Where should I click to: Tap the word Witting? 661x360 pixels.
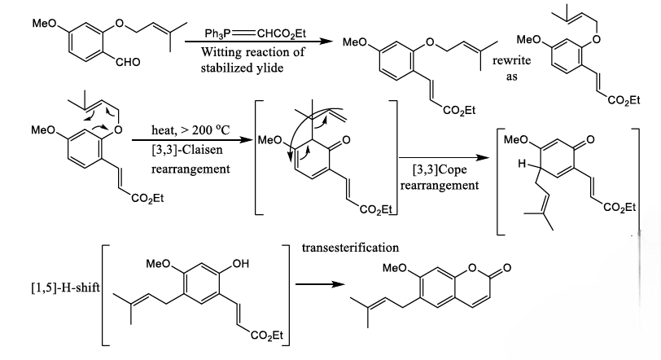[x=222, y=53]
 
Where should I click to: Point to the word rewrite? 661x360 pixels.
[x=511, y=55]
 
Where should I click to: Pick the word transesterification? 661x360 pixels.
[x=351, y=244]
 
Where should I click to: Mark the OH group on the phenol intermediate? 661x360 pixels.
[x=240, y=264]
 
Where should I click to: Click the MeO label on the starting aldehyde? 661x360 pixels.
[x=43, y=24]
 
